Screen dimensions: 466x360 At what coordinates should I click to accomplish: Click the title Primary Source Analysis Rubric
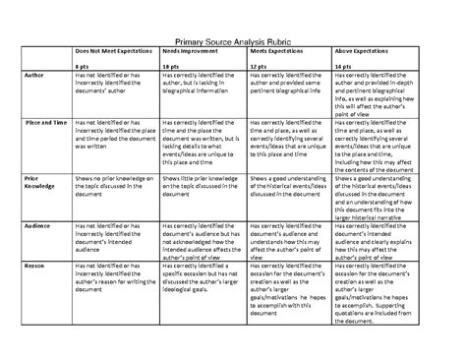pos(233,41)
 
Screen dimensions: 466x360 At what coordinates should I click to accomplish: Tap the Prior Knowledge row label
pos(38,183)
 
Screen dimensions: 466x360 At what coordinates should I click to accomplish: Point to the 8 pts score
pos(86,65)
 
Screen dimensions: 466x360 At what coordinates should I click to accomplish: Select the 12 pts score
pos(260,65)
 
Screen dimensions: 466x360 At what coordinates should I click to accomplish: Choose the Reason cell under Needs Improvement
pos(201,280)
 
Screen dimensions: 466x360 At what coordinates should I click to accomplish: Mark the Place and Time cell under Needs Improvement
pos(201,139)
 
